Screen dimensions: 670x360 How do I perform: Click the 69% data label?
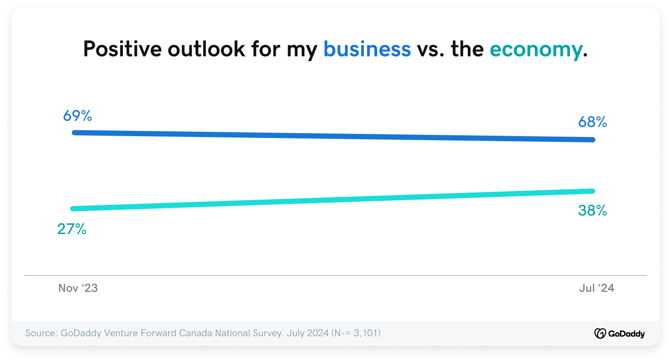78,116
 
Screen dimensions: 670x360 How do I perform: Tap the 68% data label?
592,122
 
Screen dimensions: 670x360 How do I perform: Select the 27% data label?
72,229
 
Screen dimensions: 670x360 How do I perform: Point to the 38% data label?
592,210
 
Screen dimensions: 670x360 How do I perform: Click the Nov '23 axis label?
78,288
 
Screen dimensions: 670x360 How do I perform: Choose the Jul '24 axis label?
596,288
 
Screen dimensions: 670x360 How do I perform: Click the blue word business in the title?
367,49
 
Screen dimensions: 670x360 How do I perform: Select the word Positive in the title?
122,49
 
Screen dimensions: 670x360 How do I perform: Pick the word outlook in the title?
206,49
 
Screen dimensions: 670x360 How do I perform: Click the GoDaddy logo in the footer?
619,334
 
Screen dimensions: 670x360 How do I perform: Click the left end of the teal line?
73,208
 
